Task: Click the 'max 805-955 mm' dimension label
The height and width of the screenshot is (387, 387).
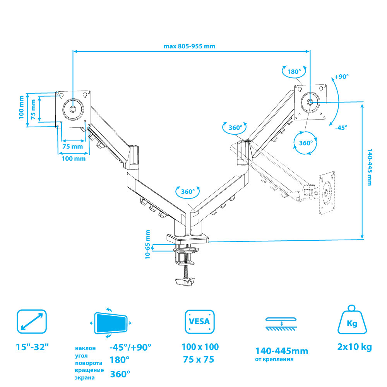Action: (x=189, y=46)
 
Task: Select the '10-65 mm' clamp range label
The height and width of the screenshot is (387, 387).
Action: (x=148, y=245)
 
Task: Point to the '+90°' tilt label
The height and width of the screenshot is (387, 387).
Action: (x=342, y=76)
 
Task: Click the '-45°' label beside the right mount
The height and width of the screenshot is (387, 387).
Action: (x=341, y=127)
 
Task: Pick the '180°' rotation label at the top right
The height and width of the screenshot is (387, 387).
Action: (x=294, y=72)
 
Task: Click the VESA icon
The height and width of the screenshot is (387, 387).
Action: (x=199, y=321)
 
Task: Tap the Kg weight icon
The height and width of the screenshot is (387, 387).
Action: (x=352, y=321)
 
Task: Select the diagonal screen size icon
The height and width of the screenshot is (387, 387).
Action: (x=32, y=321)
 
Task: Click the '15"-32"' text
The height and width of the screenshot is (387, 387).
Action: (x=33, y=347)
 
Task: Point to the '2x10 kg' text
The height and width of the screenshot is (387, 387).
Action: (x=354, y=347)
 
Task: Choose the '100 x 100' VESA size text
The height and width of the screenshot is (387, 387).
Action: (x=200, y=347)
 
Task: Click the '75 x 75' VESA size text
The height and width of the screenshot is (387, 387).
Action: (x=199, y=360)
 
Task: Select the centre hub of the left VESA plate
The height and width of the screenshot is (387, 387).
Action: (x=73, y=110)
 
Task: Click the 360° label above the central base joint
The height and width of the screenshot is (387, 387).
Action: (x=187, y=192)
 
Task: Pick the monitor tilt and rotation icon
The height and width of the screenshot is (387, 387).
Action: (x=111, y=322)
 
